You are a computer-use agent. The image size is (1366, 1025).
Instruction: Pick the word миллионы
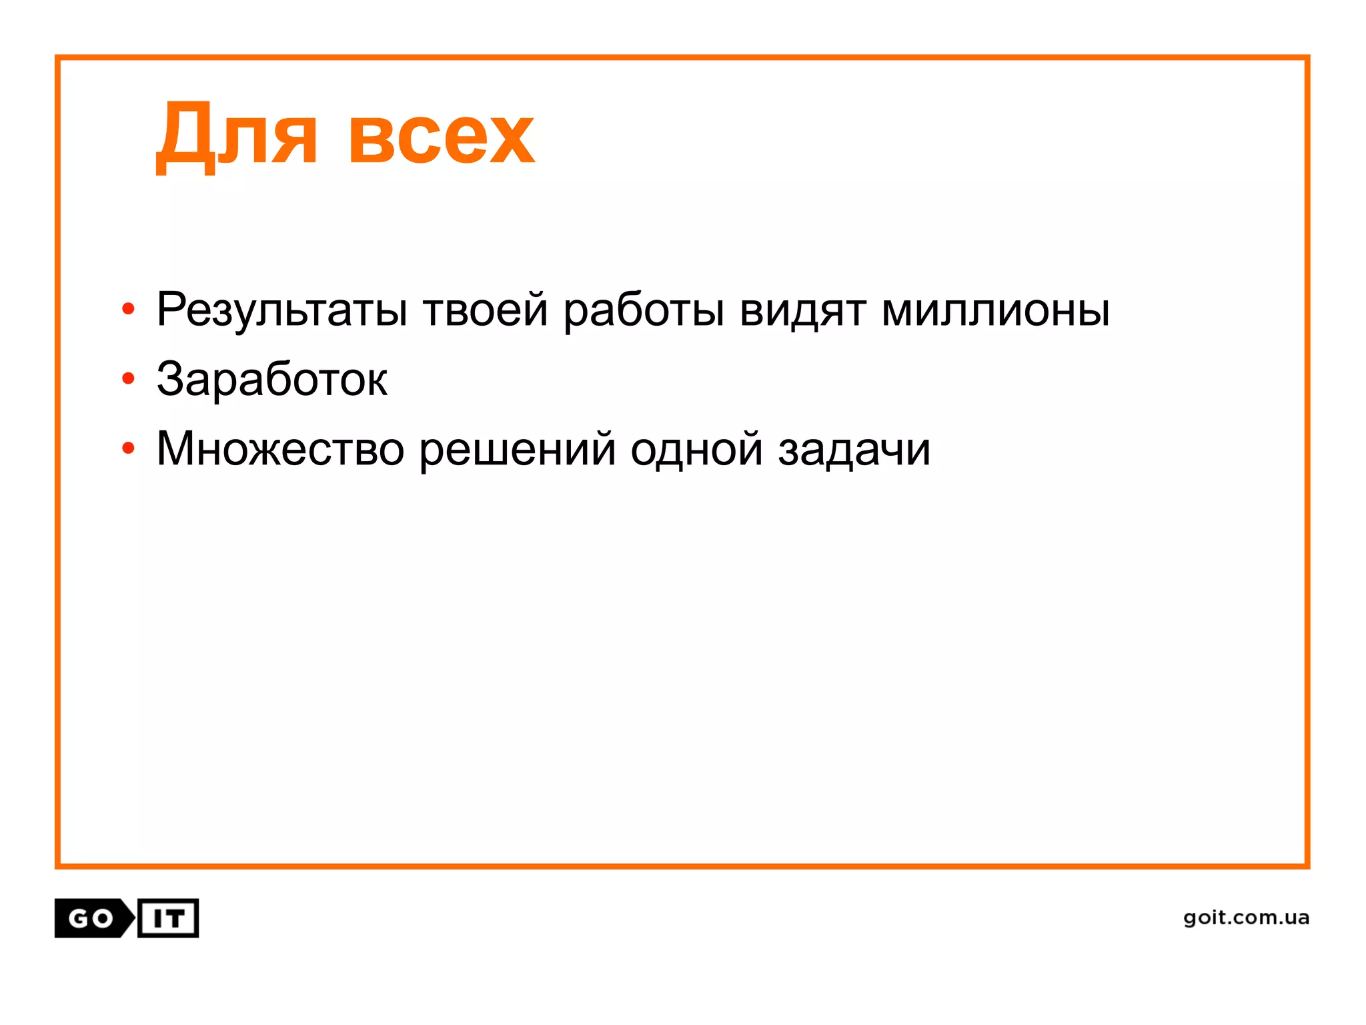pos(995,310)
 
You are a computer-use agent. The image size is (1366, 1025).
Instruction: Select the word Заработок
pos(271,379)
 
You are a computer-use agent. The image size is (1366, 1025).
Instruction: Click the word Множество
pos(280,448)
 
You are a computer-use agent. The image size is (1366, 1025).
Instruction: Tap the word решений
pos(517,450)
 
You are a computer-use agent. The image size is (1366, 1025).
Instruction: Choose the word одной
pos(696,448)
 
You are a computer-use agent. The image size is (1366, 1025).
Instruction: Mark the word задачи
pos(854,450)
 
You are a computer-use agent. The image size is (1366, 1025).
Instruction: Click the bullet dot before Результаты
pos(129,309)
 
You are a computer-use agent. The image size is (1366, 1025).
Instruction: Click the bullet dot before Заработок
pos(129,379)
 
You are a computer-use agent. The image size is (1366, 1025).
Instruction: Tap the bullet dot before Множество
pos(129,448)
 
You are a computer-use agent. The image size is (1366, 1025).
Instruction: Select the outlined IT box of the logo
pos(168,919)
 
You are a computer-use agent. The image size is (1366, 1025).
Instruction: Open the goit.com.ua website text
pos(1246,918)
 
